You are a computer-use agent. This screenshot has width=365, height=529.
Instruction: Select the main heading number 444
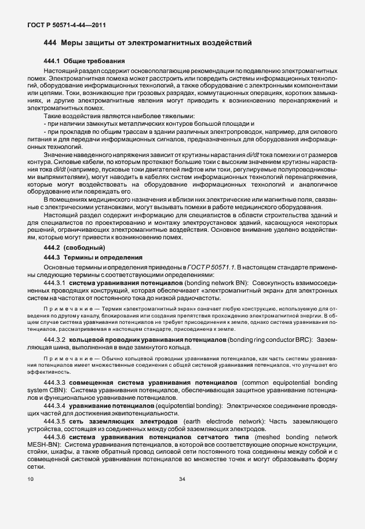click(50, 43)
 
